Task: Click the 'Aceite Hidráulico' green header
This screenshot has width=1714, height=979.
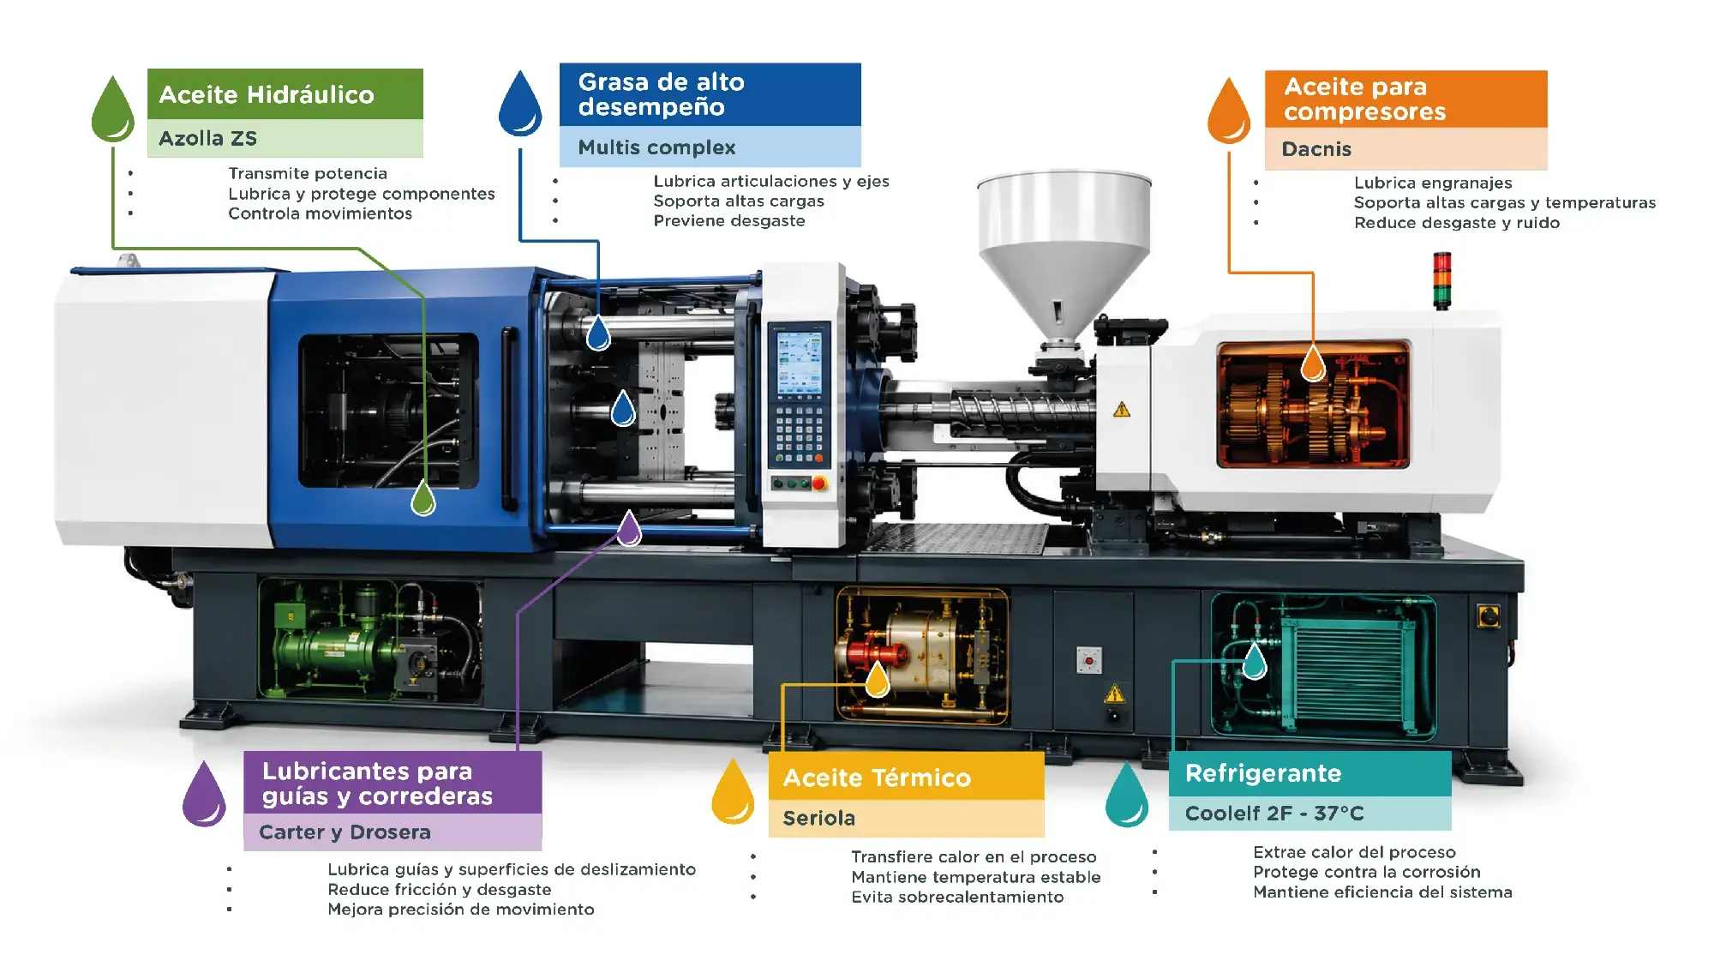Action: coord(285,93)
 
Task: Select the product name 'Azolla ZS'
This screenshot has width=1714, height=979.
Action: coord(207,138)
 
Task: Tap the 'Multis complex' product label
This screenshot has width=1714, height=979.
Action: coord(656,147)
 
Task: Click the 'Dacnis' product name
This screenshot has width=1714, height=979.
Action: coord(1316,149)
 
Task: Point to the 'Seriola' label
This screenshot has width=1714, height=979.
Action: coord(818,818)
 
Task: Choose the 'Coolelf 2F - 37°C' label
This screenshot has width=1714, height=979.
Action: coord(1274,813)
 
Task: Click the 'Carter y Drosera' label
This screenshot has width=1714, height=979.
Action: coord(345,832)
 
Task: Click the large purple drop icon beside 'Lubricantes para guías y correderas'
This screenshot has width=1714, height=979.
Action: coord(204,795)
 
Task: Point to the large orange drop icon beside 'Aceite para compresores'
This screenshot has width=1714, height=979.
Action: coord(1229,111)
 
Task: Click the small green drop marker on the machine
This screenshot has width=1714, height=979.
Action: coord(423,498)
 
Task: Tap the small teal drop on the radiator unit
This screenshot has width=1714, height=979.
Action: coord(1255,661)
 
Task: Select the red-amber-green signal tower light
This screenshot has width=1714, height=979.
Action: coord(1442,279)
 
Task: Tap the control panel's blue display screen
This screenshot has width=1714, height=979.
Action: coord(799,363)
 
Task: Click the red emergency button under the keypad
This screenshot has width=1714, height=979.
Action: coord(818,483)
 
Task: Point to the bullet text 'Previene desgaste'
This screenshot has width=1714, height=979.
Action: coord(729,220)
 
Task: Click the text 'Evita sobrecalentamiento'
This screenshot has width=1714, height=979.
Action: coord(957,897)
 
